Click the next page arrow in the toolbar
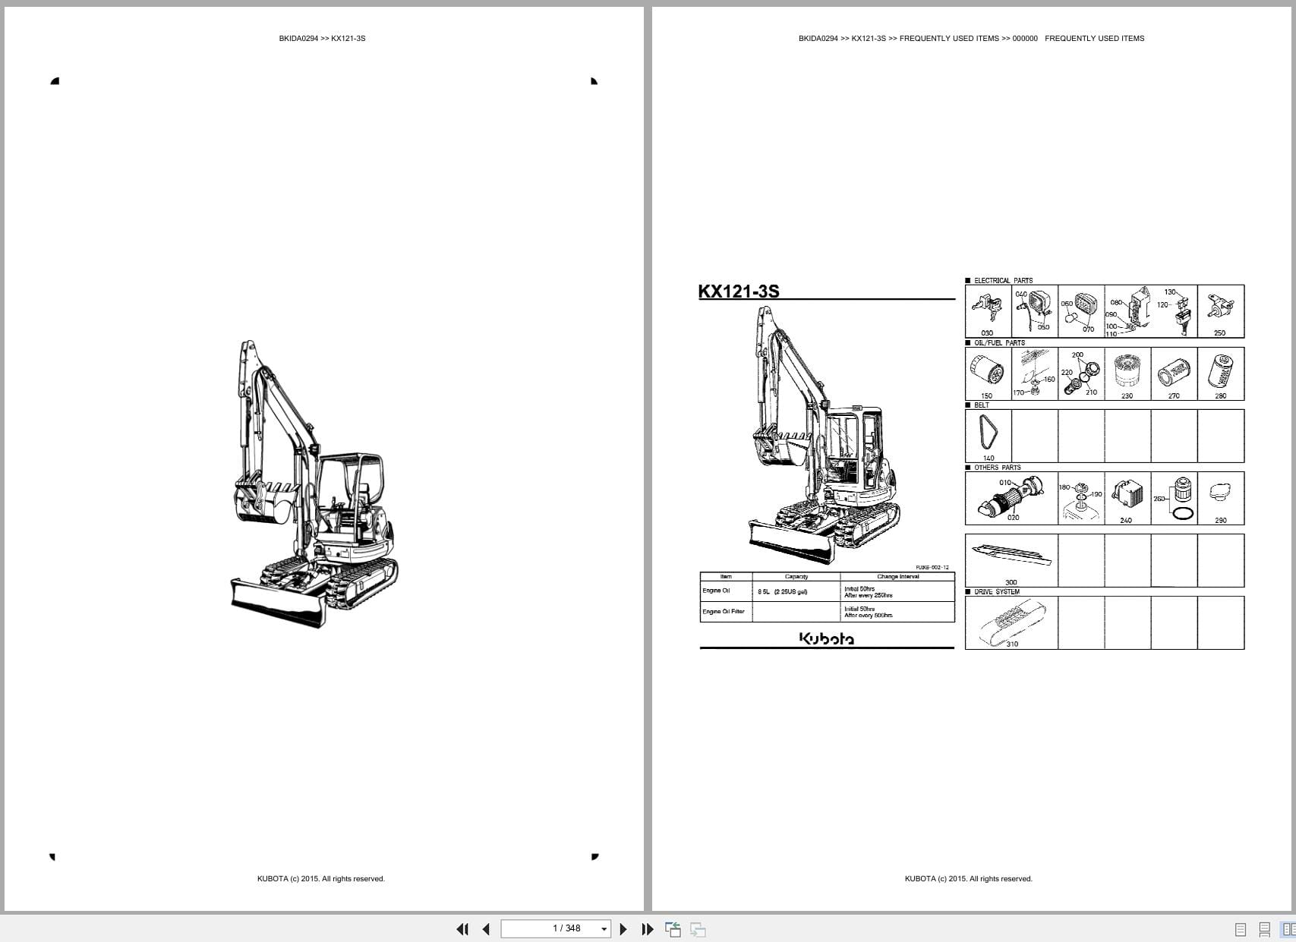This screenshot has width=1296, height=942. (x=623, y=929)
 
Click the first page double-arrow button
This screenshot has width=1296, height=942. (x=462, y=929)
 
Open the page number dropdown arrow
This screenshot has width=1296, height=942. (x=604, y=929)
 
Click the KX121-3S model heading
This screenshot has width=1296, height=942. (x=739, y=291)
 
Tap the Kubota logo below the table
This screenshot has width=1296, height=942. (x=826, y=639)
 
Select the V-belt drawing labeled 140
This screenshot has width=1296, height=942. (x=988, y=435)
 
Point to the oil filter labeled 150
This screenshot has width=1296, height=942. (x=987, y=372)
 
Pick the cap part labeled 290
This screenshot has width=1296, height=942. (x=1220, y=494)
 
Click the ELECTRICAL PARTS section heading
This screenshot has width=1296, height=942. (x=1003, y=281)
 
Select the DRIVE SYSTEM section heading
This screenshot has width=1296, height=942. (x=997, y=592)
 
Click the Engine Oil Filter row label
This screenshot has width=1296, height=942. (x=724, y=611)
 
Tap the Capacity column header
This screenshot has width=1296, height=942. (x=796, y=577)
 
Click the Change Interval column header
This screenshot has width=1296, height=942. (x=897, y=577)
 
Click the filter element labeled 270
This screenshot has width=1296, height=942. (x=1174, y=373)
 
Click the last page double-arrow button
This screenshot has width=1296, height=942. (x=648, y=929)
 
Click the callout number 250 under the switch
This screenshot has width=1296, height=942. (x=1219, y=332)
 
